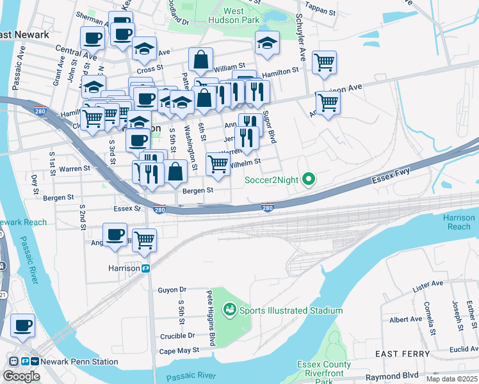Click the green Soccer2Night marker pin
click(x=308, y=180)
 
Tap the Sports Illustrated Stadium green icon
click(x=229, y=310)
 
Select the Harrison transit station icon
click(x=147, y=269)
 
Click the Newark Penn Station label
click(x=79, y=362)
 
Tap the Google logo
click(x=20, y=376)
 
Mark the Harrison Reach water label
click(x=459, y=222)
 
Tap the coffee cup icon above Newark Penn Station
click(x=23, y=325)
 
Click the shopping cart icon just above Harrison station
click(x=145, y=240)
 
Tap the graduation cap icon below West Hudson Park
click(x=267, y=43)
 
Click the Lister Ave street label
click(x=427, y=287)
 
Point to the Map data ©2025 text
click(x=452, y=379)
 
